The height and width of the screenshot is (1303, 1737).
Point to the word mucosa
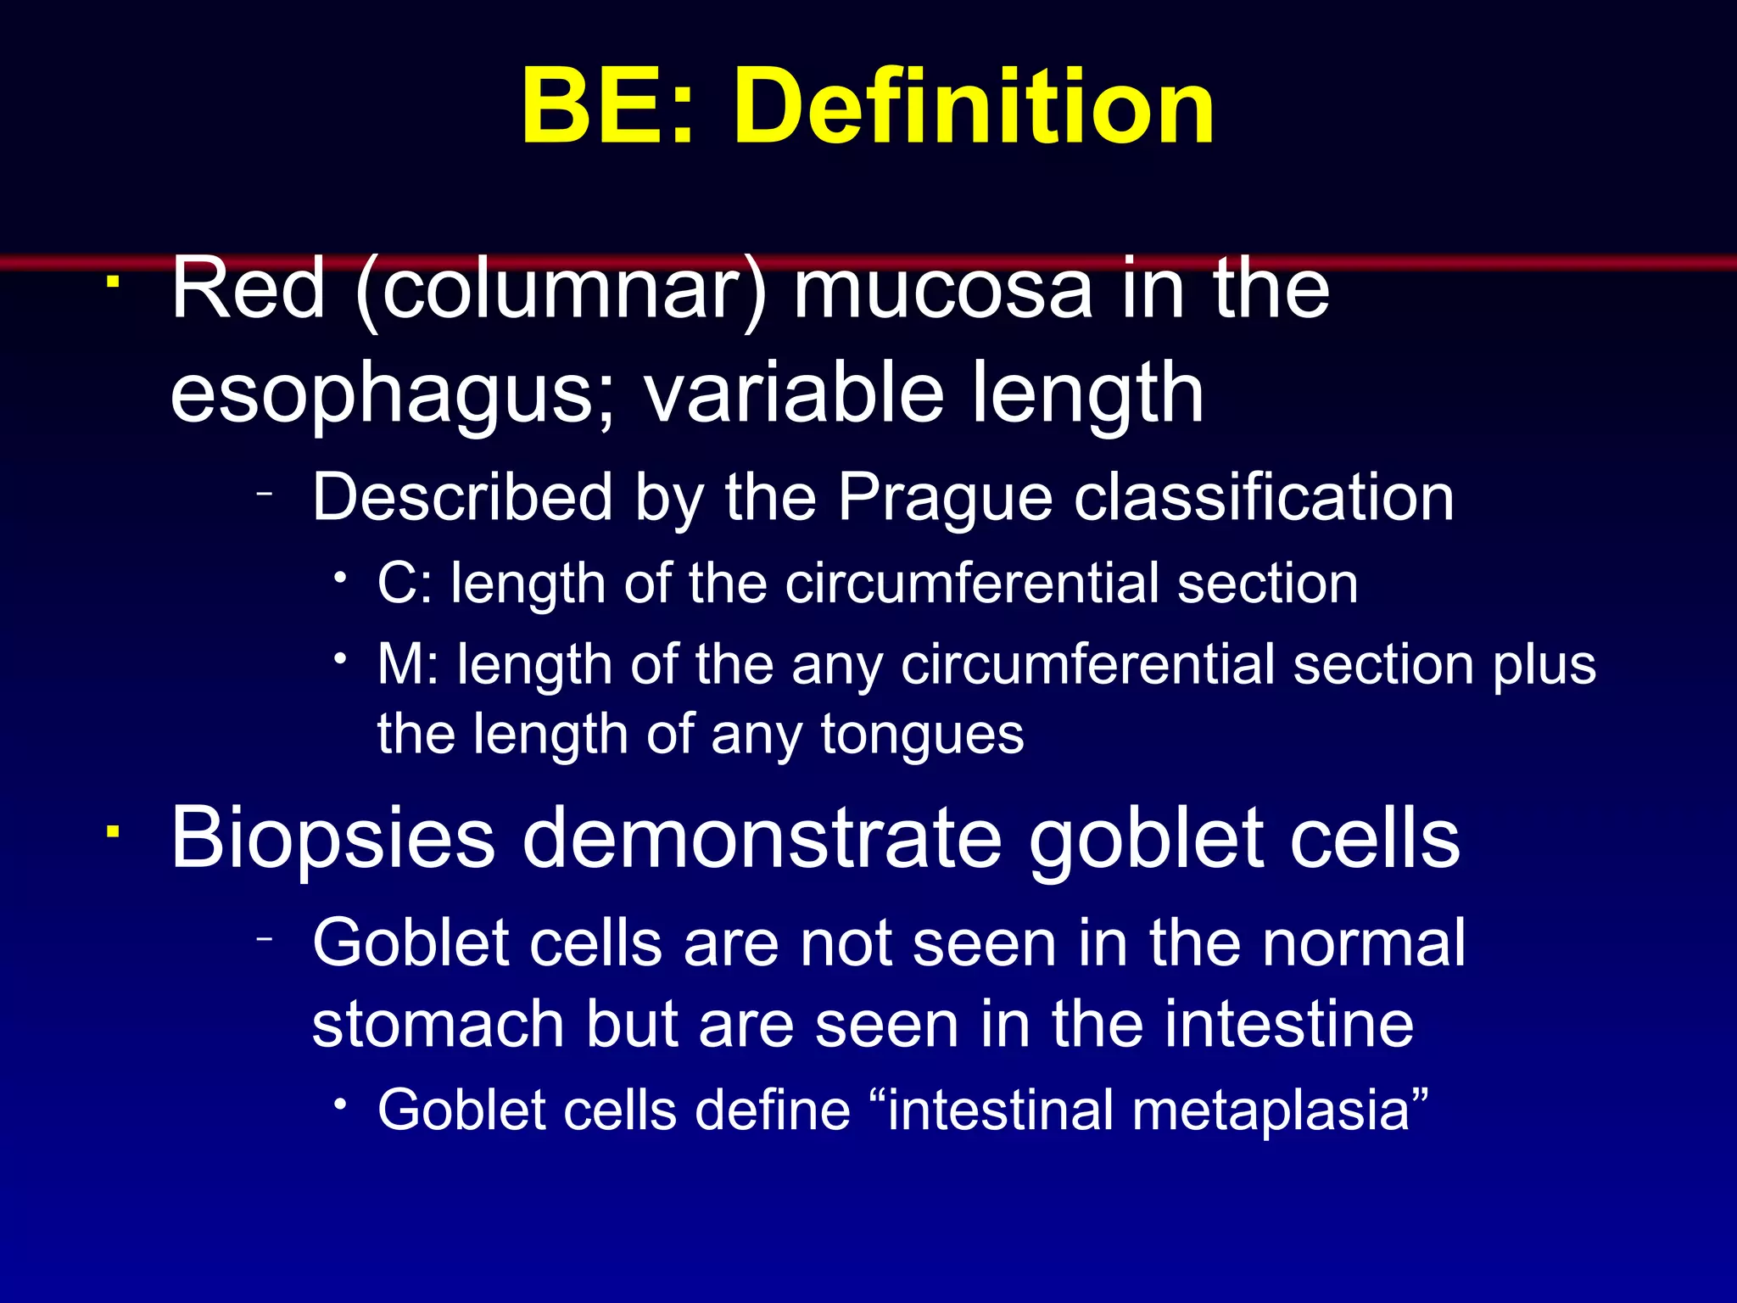pos(942,291)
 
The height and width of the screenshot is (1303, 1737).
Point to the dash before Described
pos(265,493)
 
